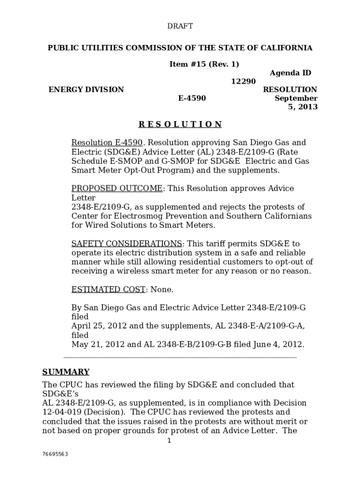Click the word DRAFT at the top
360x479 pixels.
(x=180, y=26)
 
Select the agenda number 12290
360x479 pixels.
(x=244, y=81)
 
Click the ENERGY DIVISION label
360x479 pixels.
(x=86, y=89)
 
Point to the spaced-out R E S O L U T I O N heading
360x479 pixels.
(x=180, y=124)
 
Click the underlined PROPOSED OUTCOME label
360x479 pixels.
(x=117, y=189)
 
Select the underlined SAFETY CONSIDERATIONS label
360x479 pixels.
(x=126, y=244)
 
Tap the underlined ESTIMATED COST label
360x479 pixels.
(x=108, y=290)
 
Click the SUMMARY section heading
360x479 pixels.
(x=66, y=372)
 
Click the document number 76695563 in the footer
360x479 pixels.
(x=55, y=454)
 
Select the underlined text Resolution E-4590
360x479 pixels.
(x=107, y=143)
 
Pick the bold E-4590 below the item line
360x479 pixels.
(x=192, y=98)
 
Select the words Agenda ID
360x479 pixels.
(x=290, y=73)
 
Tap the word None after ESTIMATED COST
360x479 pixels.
(x=162, y=290)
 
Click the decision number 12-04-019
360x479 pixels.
(x=62, y=412)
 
